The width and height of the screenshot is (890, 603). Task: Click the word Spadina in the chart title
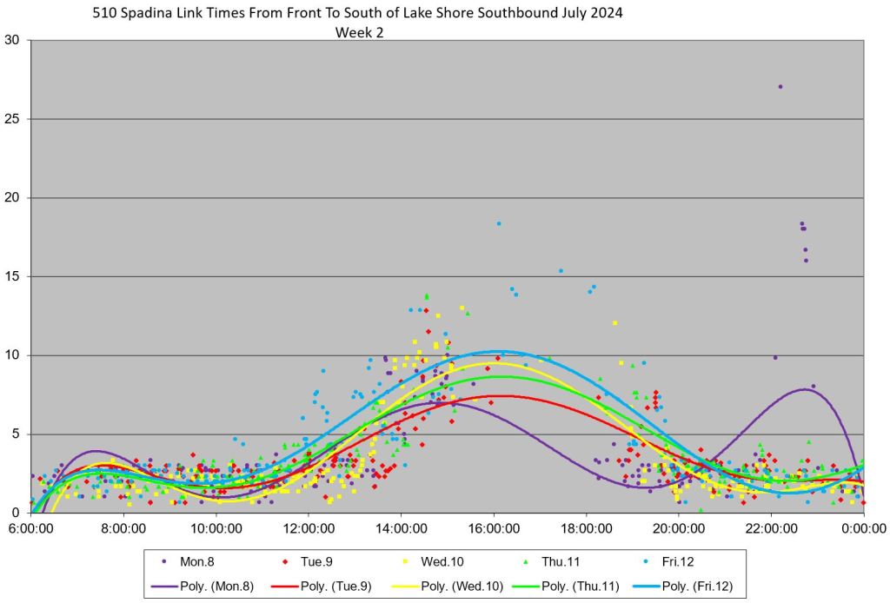156,14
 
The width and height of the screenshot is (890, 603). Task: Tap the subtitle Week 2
359,33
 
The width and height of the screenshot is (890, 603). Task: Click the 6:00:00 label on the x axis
30,527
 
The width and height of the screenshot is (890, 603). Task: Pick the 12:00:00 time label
309,527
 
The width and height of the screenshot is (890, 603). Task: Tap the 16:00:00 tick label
494,527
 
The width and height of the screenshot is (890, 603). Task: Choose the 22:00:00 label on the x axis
771,527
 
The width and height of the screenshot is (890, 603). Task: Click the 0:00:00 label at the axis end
863,527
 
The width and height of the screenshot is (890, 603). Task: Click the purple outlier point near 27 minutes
780,87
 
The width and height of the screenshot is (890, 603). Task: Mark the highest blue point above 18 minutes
499,223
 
